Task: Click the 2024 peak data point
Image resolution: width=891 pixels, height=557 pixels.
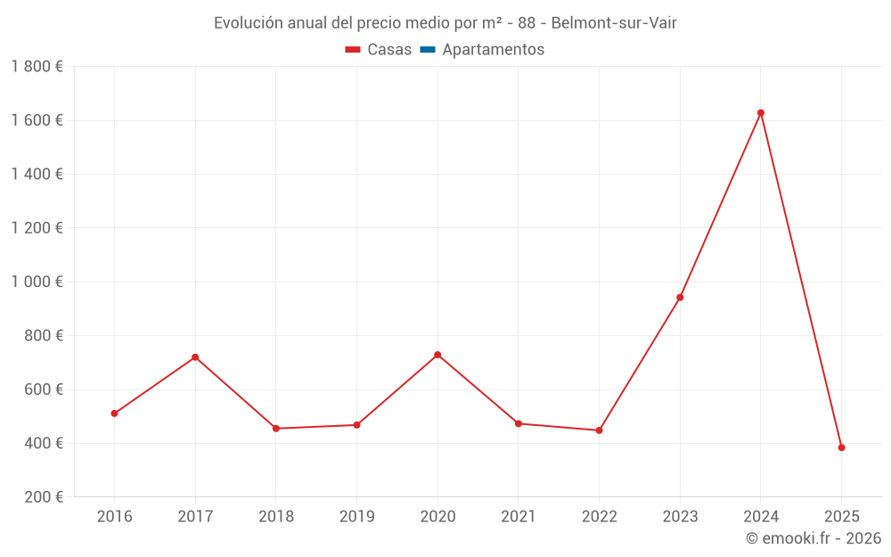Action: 761,113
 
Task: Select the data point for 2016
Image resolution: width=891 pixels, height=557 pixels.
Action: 115,414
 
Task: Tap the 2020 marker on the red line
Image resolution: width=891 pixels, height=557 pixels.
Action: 437,355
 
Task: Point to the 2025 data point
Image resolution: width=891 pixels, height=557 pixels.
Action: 841,447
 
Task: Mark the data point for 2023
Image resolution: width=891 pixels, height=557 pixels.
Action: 680,298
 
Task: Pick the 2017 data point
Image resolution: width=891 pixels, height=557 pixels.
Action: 195,357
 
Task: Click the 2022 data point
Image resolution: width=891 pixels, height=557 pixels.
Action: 599,430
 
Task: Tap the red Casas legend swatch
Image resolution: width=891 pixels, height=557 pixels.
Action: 353,50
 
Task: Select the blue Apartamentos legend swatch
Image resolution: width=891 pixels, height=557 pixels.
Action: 428,50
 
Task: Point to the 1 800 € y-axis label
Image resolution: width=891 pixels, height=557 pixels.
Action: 37,67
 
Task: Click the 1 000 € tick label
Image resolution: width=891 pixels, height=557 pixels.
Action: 37,282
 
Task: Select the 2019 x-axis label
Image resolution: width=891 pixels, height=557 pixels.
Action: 356,517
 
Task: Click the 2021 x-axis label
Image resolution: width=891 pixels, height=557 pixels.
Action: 518,517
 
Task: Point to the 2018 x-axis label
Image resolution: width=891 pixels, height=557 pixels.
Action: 275,517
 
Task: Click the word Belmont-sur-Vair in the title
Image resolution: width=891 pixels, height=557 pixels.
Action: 614,23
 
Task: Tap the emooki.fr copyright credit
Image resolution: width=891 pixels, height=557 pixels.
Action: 813,538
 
